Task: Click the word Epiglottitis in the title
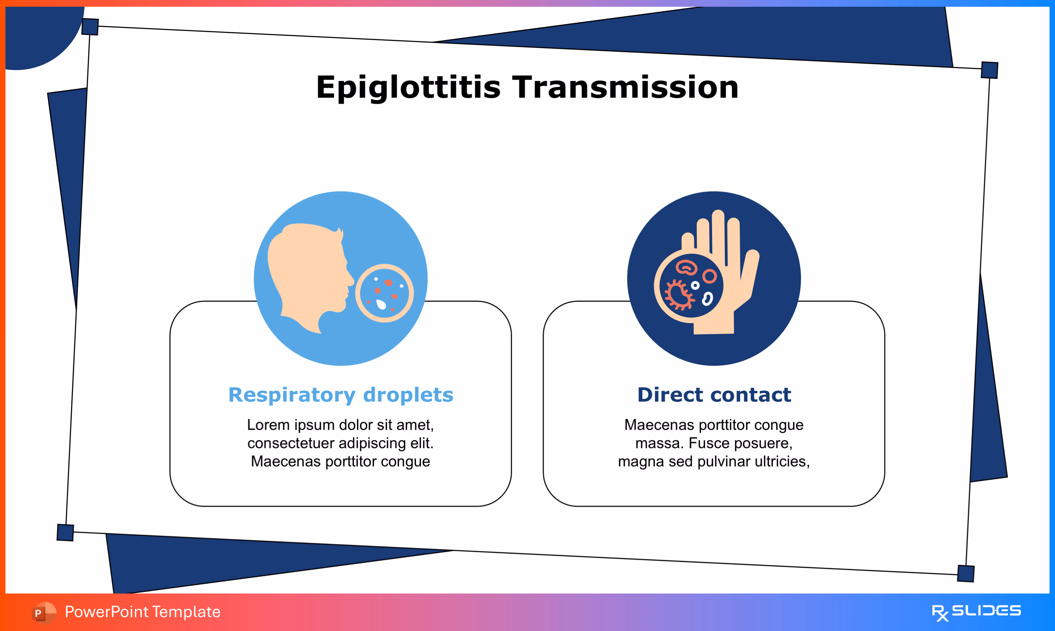pyautogui.click(x=408, y=88)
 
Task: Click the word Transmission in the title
pyautogui.click(x=625, y=88)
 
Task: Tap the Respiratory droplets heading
pyautogui.click(x=341, y=395)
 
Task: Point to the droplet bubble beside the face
pyautogui.click(x=385, y=293)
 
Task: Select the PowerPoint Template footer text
pyautogui.click(x=143, y=612)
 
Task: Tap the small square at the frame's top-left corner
pyautogui.click(x=90, y=27)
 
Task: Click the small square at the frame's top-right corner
pyautogui.click(x=990, y=70)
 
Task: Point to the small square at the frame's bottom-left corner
pyautogui.click(x=65, y=532)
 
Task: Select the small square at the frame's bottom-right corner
pyautogui.click(x=966, y=574)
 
